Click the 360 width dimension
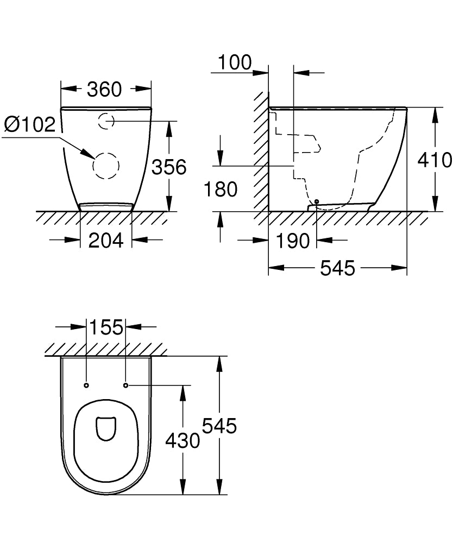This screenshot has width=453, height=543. [105, 89]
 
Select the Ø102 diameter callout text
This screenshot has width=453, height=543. [30, 125]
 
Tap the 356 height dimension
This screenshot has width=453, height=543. [168, 167]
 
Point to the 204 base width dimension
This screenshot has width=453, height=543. [106, 239]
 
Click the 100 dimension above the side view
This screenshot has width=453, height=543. [235, 63]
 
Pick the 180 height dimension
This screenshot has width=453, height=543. [221, 190]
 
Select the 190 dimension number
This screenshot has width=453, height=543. [293, 241]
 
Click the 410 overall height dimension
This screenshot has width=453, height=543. [435, 160]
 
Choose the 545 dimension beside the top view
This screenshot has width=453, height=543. [219, 426]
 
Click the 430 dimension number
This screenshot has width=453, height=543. [183, 440]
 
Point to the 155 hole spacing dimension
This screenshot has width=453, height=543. [106, 327]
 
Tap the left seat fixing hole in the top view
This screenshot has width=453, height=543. [86, 386]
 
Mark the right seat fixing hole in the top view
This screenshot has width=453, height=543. [125, 386]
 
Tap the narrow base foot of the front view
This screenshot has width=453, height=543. [106, 206]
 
